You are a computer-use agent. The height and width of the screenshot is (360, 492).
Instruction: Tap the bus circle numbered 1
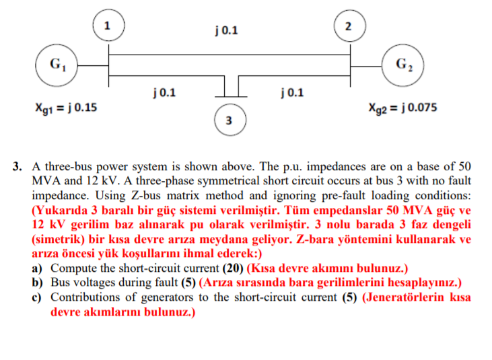[107, 27]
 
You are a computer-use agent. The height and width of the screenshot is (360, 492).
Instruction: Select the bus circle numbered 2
[347, 27]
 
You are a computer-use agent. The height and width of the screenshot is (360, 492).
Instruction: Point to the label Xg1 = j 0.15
[66, 106]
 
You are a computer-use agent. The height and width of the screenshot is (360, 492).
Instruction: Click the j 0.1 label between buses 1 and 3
[165, 92]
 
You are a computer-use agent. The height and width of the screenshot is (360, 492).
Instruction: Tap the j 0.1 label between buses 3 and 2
[291, 92]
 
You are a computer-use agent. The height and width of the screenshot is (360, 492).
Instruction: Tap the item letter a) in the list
[38, 267]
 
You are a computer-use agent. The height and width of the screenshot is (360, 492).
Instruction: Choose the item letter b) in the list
[38, 282]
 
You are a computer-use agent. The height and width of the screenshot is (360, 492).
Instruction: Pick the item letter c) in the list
[38, 297]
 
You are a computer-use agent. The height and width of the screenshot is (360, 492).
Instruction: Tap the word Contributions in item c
[87, 297]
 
